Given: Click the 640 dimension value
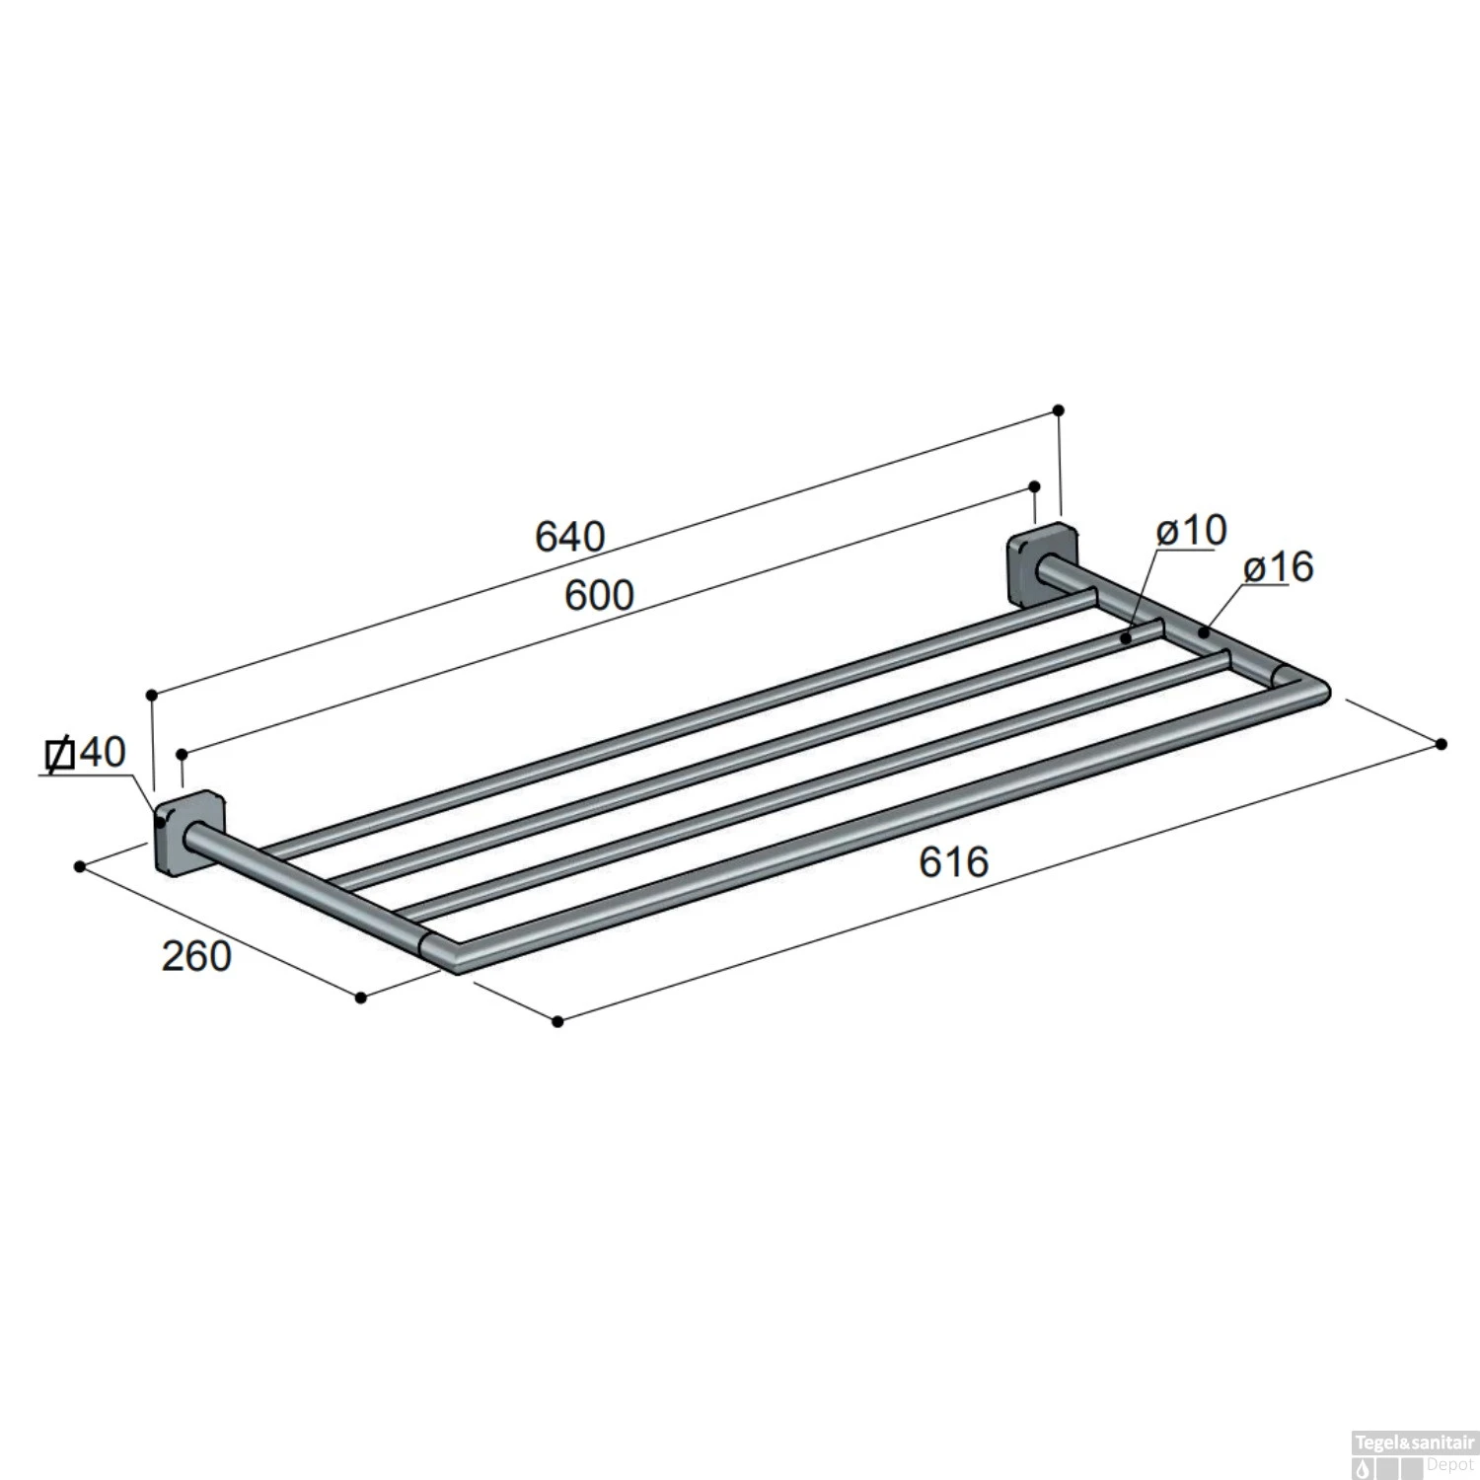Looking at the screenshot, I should pyautogui.click(x=569, y=537).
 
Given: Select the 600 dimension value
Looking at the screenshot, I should pyautogui.click(x=599, y=595).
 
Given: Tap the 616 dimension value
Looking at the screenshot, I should pyautogui.click(x=953, y=861).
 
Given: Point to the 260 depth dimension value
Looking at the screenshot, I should pyautogui.click(x=196, y=955).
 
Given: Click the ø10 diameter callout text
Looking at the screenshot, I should pyautogui.click(x=1191, y=530).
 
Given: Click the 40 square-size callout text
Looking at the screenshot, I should pyautogui.click(x=102, y=754).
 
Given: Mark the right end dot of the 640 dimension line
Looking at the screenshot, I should pyautogui.click(x=1059, y=409).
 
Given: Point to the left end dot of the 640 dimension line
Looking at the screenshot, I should pyautogui.click(x=152, y=696).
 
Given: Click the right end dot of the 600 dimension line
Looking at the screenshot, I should pyautogui.click(x=1034, y=486).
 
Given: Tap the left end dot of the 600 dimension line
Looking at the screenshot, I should pyautogui.click(x=183, y=755).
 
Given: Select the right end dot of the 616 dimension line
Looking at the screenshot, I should pyautogui.click(x=1442, y=743).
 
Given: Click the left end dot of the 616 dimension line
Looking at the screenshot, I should pyautogui.click(x=557, y=1021).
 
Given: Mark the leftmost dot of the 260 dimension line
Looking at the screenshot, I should pyautogui.click(x=80, y=866).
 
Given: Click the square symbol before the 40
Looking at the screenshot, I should pyautogui.click(x=60, y=755).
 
